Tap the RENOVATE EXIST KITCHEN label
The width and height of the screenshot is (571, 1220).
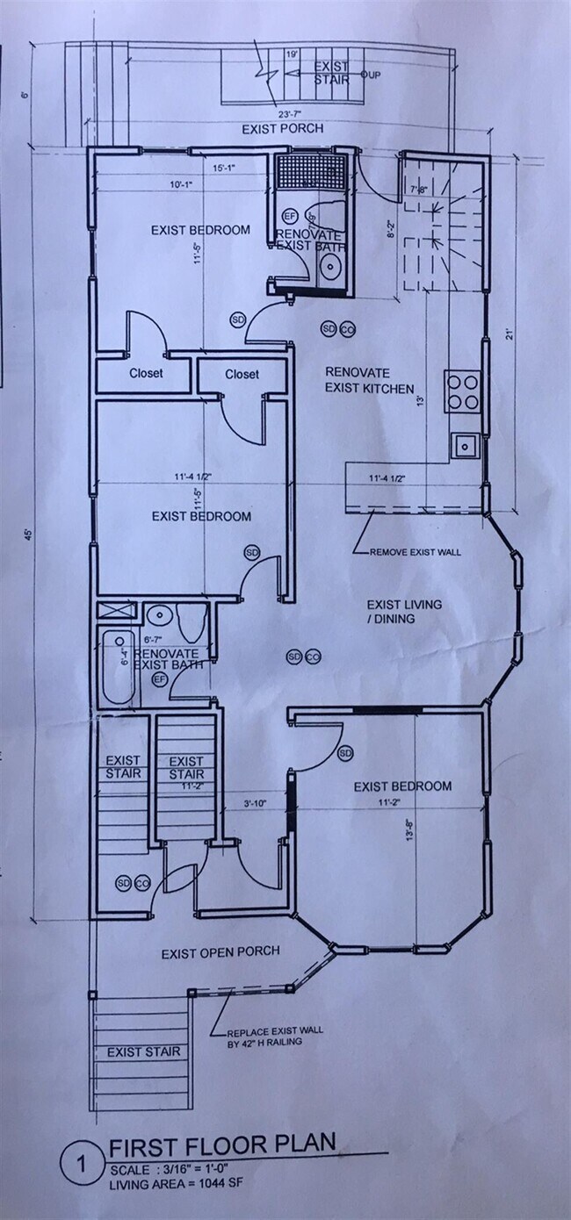tap(369, 379)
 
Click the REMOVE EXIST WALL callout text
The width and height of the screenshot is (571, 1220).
tap(415, 552)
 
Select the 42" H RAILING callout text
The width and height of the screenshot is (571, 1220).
tap(264, 1042)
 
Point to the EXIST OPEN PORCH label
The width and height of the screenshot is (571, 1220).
tap(220, 951)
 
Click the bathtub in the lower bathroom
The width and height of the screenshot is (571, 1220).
tap(119, 667)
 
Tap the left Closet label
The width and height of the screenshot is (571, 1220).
tap(146, 373)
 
